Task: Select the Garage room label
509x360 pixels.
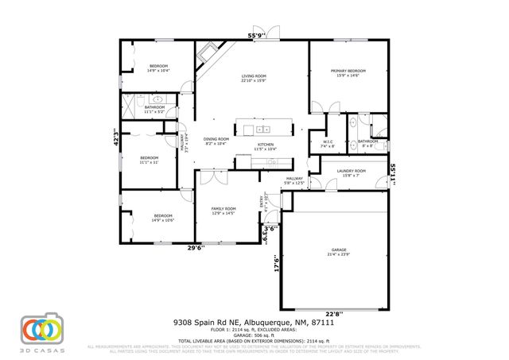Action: click(338, 253)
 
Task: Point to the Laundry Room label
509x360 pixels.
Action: click(352, 172)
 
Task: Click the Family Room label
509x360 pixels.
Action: click(223, 211)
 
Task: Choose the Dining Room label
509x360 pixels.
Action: click(216, 141)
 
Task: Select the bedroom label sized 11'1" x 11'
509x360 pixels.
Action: click(149, 160)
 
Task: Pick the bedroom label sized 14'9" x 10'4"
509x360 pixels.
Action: click(158, 68)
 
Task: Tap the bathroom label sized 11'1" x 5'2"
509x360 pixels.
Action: click(154, 110)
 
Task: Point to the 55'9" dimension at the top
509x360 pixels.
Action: click(256, 36)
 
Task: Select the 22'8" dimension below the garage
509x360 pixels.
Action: click(338, 313)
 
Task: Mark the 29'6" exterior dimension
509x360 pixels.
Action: click(196, 247)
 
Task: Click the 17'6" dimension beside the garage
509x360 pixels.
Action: click(276, 263)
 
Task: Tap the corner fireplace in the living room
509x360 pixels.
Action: click(207, 54)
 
